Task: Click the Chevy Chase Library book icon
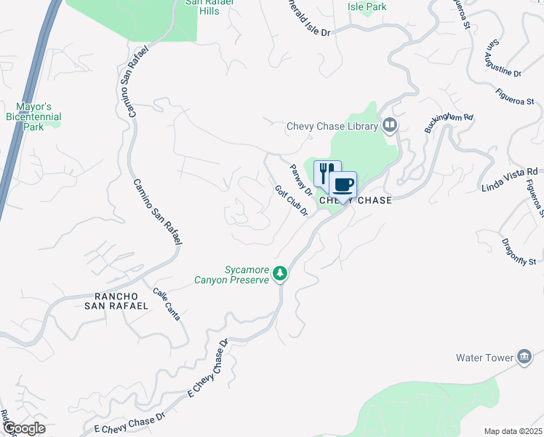pyautogui.click(x=391, y=126)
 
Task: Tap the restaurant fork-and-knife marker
pyautogui.click(x=327, y=173)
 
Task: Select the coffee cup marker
pyautogui.click(x=343, y=184)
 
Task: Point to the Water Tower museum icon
pyautogui.click(x=524, y=357)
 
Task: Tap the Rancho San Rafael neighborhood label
pyautogui.click(x=121, y=301)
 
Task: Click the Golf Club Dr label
pyautogui.click(x=292, y=201)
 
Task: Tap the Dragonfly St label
pyautogui.click(x=519, y=251)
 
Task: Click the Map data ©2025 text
pyautogui.click(x=513, y=431)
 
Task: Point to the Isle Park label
pyautogui.click(x=367, y=7)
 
